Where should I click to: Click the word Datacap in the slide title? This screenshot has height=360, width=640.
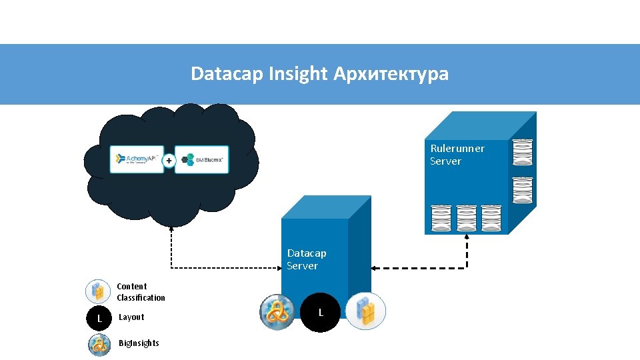227,73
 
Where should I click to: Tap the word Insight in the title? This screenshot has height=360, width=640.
298,73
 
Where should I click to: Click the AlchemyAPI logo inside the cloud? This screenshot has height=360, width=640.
137,159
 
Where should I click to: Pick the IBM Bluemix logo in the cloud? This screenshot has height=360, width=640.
201,160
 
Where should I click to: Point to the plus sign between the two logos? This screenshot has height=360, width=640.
169,160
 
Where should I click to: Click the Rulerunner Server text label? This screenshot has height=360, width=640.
457,155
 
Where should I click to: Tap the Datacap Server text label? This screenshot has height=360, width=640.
307,259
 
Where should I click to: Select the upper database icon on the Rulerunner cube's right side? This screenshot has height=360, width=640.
522,152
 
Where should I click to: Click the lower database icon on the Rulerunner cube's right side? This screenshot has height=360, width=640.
522,191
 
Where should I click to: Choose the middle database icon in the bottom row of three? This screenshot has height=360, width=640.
467,218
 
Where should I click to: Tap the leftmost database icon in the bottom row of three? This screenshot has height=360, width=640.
441,218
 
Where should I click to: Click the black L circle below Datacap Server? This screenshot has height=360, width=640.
321,312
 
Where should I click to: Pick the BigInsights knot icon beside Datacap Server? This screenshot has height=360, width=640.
277,311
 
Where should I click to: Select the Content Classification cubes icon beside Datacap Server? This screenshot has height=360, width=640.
365,311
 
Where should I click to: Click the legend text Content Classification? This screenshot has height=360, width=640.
141,292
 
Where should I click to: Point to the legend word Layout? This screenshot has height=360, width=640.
131,317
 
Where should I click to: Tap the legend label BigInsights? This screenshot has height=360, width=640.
139,343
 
